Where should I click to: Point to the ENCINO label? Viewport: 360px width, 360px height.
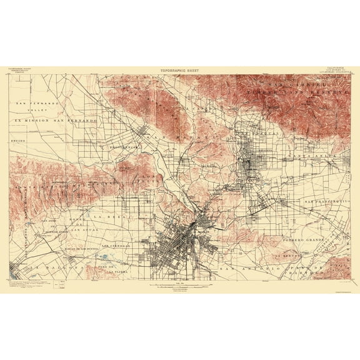pos(18,141)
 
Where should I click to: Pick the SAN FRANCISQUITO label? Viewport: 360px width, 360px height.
pos(326,202)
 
